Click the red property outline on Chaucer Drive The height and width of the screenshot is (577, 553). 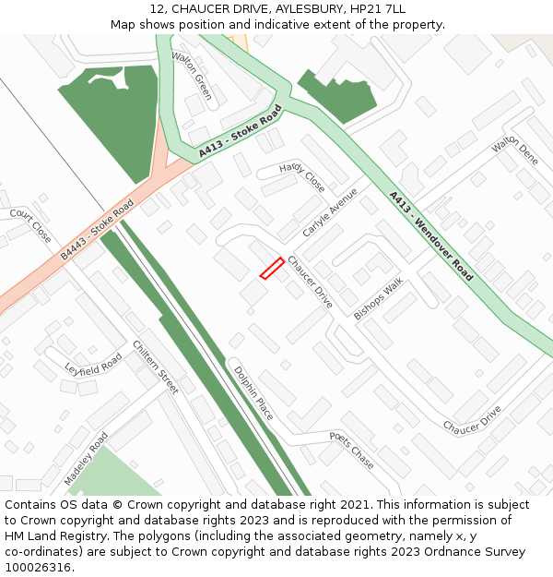[x=271, y=268]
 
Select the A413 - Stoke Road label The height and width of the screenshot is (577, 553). [x=240, y=132]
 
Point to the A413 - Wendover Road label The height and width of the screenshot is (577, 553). [x=430, y=236]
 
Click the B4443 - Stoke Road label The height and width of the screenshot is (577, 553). [x=98, y=227]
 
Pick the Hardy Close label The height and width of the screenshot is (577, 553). [x=302, y=177]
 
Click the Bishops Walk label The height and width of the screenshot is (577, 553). [x=379, y=298]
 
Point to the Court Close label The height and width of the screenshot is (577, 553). [x=30, y=225]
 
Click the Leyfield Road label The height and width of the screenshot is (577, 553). [x=93, y=365]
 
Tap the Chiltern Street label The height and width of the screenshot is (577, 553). [x=155, y=367]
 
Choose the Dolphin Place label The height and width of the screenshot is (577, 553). [x=253, y=393]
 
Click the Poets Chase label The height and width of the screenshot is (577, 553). [x=352, y=450]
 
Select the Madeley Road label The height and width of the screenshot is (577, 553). [x=86, y=459]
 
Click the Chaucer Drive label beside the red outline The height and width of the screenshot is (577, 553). [x=310, y=282]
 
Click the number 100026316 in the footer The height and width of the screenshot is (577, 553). [x=37, y=567]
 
